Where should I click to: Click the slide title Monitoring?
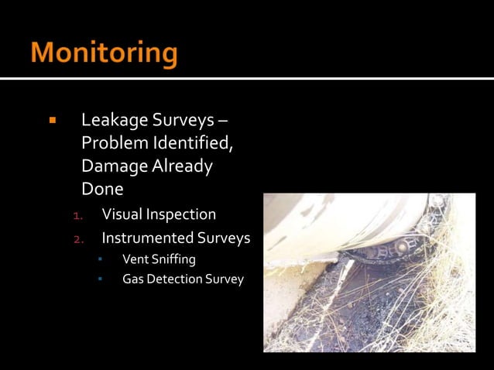[105, 53]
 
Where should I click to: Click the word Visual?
[122, 214]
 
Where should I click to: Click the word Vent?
[135, 259]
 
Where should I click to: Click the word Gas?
[133, 279]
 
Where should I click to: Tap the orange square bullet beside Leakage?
[53, 121]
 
